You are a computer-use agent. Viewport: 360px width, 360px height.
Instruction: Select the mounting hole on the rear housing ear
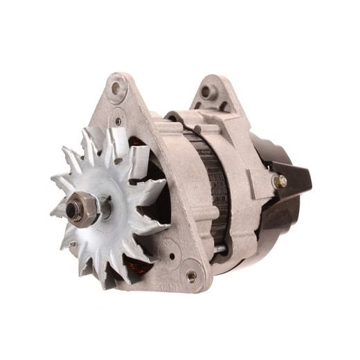tap(207, 90)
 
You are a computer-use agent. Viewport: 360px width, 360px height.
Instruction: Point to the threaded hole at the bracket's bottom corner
tap(190, 275)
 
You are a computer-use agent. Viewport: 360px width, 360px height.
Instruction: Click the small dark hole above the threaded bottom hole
tap(171, 243)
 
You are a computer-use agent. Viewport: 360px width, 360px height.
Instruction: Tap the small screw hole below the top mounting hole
tap(118, 121)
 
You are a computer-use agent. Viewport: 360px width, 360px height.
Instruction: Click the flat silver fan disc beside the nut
tap(114, 201)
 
